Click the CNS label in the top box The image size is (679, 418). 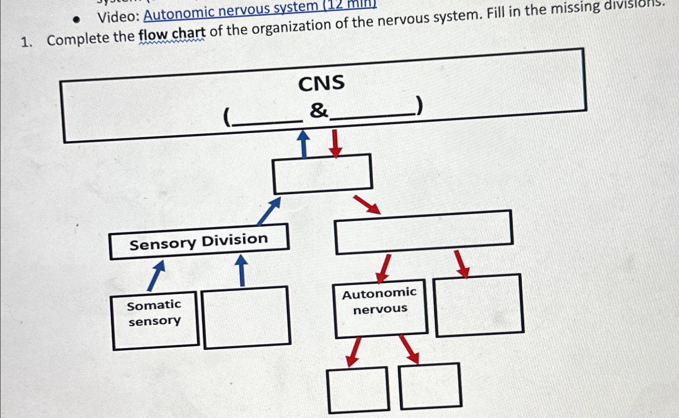tap(321, 83)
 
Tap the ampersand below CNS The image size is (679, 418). tap(318, 110)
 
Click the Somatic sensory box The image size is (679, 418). tap(155, 320)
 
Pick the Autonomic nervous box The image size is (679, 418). tap(380, 308)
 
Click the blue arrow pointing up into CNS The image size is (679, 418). tap(303, 143)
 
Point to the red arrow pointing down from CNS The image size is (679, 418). tap(335, 144)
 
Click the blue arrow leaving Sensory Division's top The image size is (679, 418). tap(269, 211)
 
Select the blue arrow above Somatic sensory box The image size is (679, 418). tap(156, 275)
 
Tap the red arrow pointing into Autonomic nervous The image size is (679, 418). tap(383, 268)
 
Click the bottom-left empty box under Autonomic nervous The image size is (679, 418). tap(358, 390)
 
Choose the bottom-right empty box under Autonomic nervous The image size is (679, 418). tap(430, 386)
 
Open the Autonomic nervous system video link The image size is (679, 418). tap(258, 9)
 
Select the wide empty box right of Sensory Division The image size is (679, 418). tap(424, 232)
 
